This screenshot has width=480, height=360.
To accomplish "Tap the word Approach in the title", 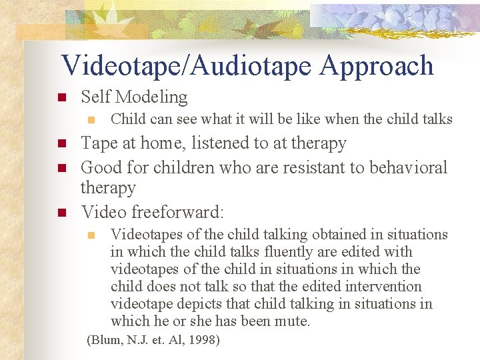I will click(x=377, y=65).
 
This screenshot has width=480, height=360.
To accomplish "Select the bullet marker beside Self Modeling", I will click(x=60, y=97).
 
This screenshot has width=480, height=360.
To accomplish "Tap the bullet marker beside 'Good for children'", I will click(x=60, y=167).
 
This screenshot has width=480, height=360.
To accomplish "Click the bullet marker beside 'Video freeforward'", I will click(x=60, y=213).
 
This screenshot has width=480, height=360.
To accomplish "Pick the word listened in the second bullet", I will click(x=222, y=143).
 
